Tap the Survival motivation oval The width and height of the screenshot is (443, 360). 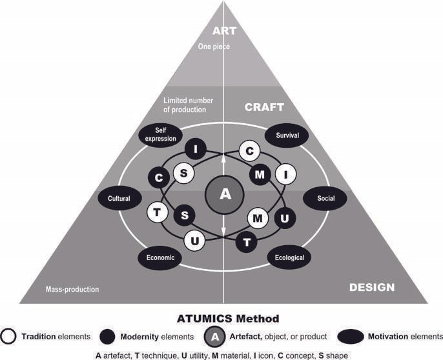coord(287,135)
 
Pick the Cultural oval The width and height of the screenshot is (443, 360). coord(119,199)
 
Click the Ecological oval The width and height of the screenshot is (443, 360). coord(289,257)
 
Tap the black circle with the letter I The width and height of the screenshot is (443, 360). coord(195,150)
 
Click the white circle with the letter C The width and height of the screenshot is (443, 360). coord(249,150)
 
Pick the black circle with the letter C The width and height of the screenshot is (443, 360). coord(158,177)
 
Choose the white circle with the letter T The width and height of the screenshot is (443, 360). coord(157,212)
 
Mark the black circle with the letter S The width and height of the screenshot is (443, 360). coord(185,215)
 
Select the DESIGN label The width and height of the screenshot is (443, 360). coord(371,287)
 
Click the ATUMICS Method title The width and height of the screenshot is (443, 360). coord(223,318)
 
